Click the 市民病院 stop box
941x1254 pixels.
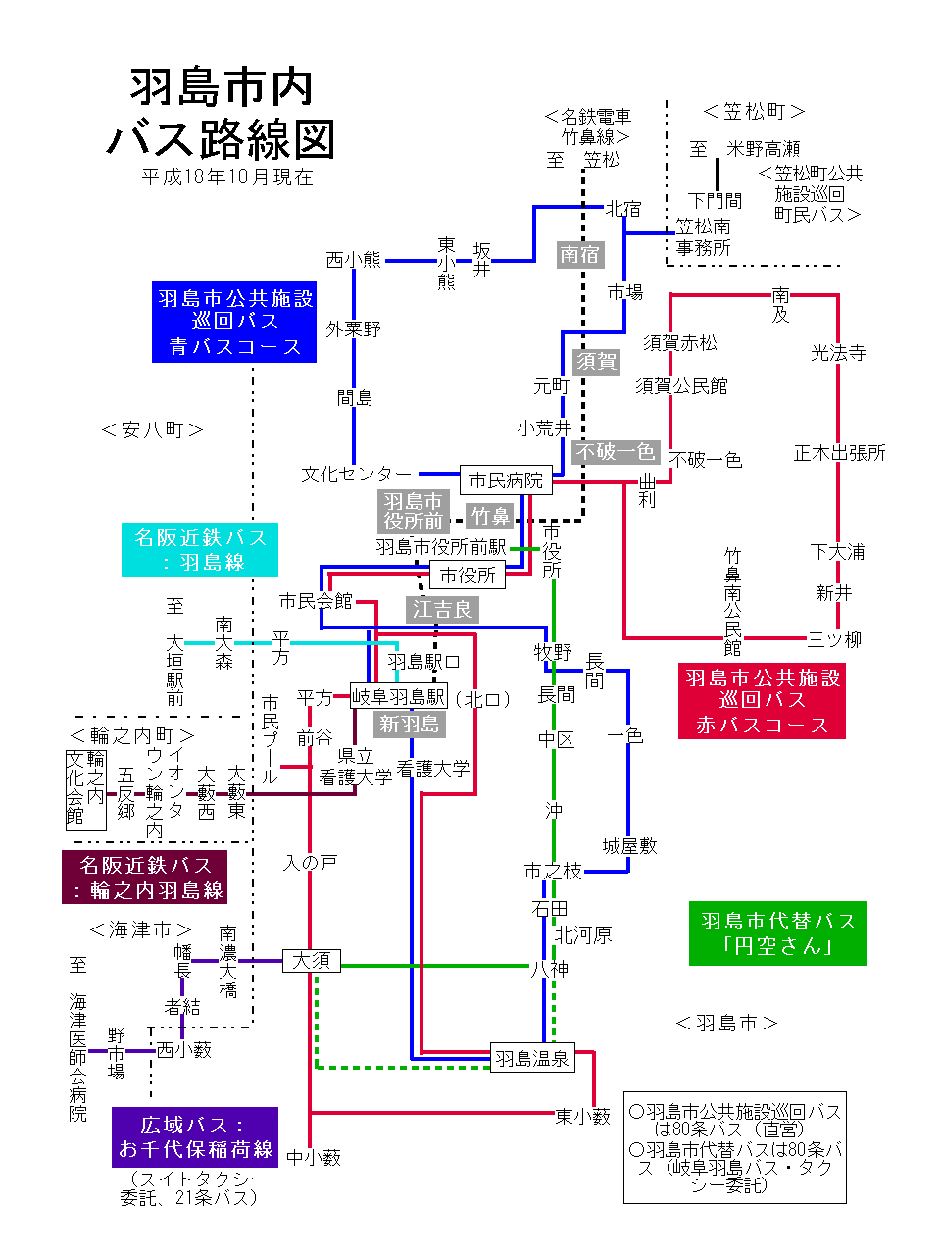click(506, 480)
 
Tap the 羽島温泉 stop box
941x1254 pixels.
click(531, 1059)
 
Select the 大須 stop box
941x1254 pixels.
click(312, 961)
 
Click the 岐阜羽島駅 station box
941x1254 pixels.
click(399, 697)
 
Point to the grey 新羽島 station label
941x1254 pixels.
click(410, 725)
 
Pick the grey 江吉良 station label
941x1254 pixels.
click(442, 610)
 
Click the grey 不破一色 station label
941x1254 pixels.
click(616, 452)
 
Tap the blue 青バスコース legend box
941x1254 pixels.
click(234, 323)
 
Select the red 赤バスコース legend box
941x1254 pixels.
click(762, 701)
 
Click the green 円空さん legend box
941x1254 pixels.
click(777, 933)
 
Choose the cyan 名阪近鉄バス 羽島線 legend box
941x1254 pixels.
click(200, 550)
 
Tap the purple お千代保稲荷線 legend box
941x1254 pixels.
click(195, 1137)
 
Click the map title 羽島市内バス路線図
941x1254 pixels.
click(222, 114)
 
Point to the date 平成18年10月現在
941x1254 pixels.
click(227, 177)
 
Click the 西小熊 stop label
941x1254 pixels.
click(353, 260)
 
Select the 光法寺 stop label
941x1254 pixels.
click(838, 353)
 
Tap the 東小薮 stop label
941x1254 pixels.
click(583, 1117)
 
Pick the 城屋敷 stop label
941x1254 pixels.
click(629, 846)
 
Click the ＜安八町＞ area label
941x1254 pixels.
click(153, 429)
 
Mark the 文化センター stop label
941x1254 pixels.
click(357, 475)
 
